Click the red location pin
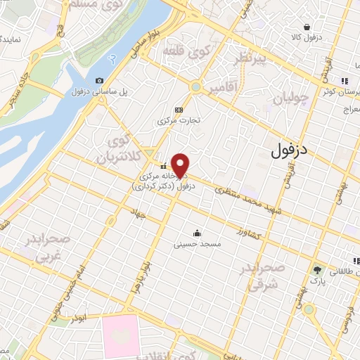[x=181, y=164]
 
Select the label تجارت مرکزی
[x=179, y=120]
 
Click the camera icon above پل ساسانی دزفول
[x=99, y=81]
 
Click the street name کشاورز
[x=250, y=232]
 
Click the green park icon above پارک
[x=317, y=269]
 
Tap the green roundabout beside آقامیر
[x=196, y=87]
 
